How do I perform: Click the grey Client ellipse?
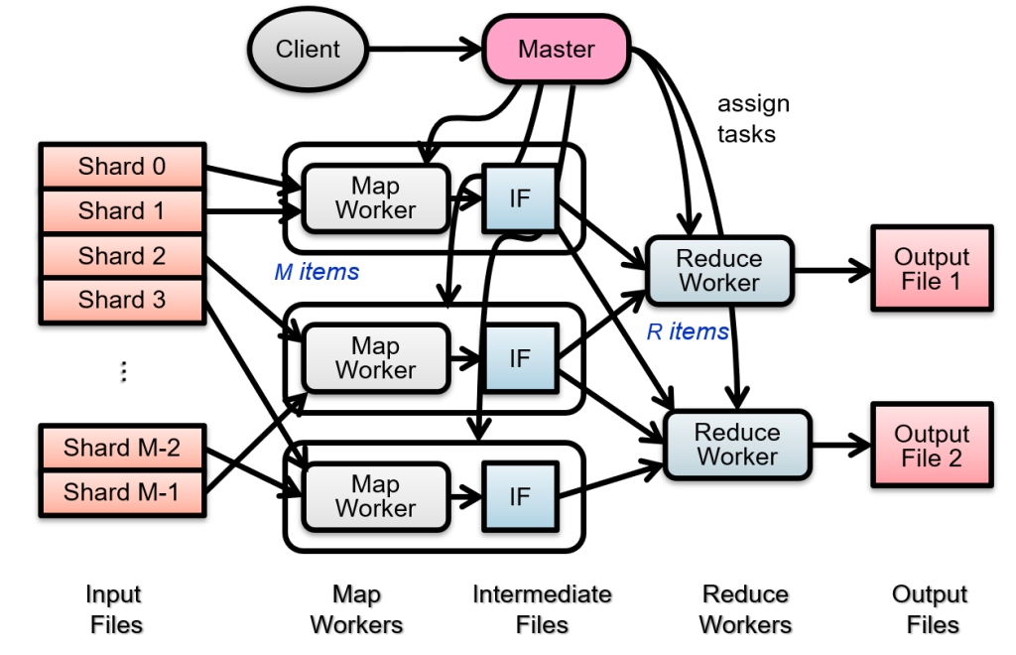coord(308,49)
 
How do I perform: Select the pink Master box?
coord(556,49)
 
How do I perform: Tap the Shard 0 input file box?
coord(122,167)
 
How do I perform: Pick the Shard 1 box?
coord(122,210)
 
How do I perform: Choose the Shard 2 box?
coord(122,256)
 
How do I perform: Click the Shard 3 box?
coord(122,300)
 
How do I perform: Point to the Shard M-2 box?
coord(122,448)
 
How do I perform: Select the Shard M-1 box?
coord(122,491)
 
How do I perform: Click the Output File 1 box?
coord(931,269)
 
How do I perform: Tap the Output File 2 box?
coord(931,447)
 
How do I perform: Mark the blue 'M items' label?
coord(317,271)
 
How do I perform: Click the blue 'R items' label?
coord(688,331)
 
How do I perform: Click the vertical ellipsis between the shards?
coord(123,372)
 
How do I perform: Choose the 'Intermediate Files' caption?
coord(542,609)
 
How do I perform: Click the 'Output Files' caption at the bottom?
coord(930,609)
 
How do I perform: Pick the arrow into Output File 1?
coord(832,270)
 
